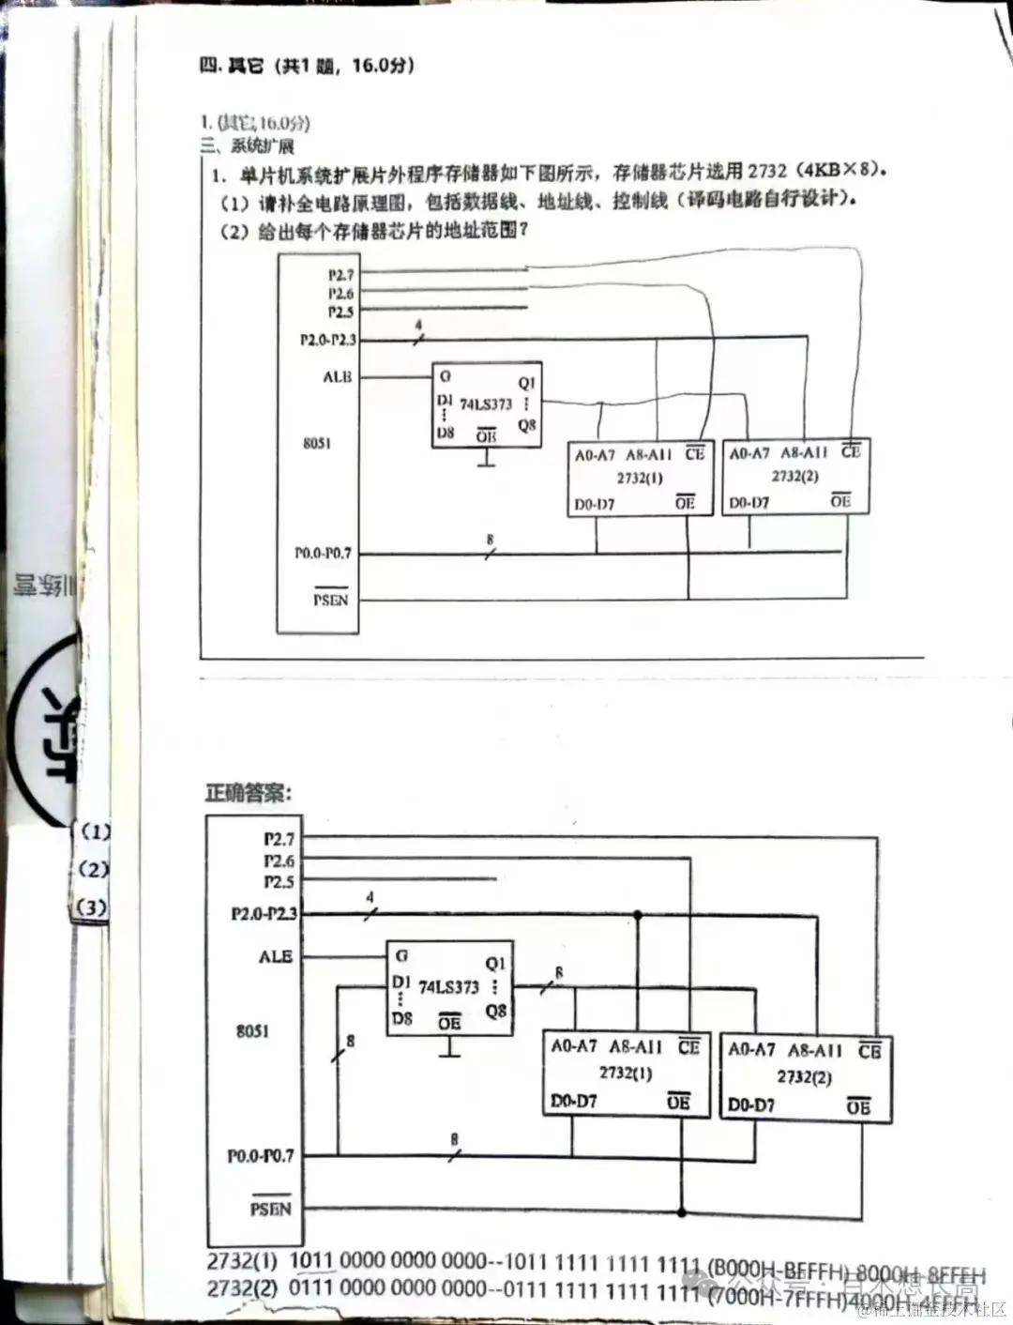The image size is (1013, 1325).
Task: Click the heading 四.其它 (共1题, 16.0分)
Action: click(x=306, y=65)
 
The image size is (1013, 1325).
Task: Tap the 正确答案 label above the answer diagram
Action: click(x=249, y=793)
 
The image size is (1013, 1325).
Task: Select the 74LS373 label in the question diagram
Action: click(x=485, y=404)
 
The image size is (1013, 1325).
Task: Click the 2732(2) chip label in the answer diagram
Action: click(x=804, y=1076)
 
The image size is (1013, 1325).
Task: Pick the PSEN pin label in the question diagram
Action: click(x=330, y=599)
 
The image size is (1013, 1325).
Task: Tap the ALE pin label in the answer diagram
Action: click(x=276, y=956)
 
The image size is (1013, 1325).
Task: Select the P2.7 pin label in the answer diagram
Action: click(x=279, y=838)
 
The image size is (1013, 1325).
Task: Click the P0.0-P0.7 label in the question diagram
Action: click(x=323, y=553)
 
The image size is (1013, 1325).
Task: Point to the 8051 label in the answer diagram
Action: click(x=251, y=1030)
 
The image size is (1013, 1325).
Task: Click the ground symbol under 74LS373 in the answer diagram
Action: click(x=450, y=1049)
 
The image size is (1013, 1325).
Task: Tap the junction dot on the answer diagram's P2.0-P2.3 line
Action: click(x=639, y=913)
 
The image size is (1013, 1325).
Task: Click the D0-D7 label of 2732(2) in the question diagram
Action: click(x=748, y=502)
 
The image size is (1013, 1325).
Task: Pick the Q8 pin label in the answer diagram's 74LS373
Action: click(x=495, y=1011)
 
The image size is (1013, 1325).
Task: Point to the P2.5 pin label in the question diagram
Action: click(x=340, y=312)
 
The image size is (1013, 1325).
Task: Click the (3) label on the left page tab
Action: click(x=92, y=907)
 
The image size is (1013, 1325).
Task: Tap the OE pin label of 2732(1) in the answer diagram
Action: click(x=678, y=1101)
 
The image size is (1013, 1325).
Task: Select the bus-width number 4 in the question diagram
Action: click(x=418, y=325)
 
